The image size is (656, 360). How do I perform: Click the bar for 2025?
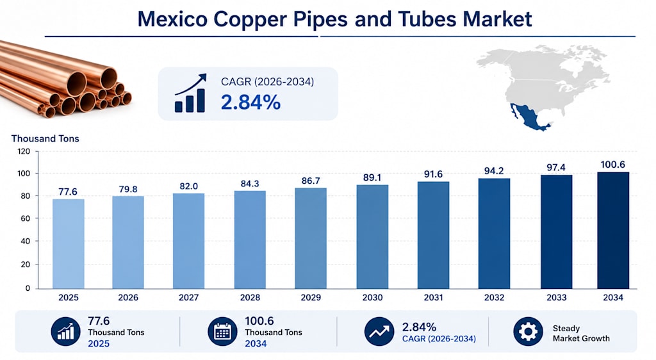[x=68, y=244]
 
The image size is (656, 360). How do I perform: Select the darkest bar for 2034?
[x=613, y=231]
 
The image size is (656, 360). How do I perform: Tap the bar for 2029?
[x=311, y=238]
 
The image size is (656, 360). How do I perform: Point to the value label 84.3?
[x=250, y=184]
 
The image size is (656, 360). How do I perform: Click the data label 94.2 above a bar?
[x=494, y=171]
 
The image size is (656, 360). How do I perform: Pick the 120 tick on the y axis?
[x=24, y=151]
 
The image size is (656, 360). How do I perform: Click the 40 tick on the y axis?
[x=26, y=241]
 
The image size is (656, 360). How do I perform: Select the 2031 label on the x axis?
[x=433, y=298]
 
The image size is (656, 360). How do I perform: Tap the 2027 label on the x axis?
[x=189, y=298]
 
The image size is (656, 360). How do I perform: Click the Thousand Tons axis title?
[x=45, y=138]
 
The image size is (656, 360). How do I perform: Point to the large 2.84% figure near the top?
[x=250, y=102]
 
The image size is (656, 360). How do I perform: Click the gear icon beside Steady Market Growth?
[x=528, y=332]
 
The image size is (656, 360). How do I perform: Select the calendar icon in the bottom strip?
[x=222, y=332]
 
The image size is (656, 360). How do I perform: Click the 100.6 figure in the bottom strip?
[x=259, y=321]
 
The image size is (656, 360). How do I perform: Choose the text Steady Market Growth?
[x=581, y=333]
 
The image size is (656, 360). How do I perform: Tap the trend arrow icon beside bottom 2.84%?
[x=379, y=332]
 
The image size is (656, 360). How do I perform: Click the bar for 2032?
[x=494, y=234]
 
